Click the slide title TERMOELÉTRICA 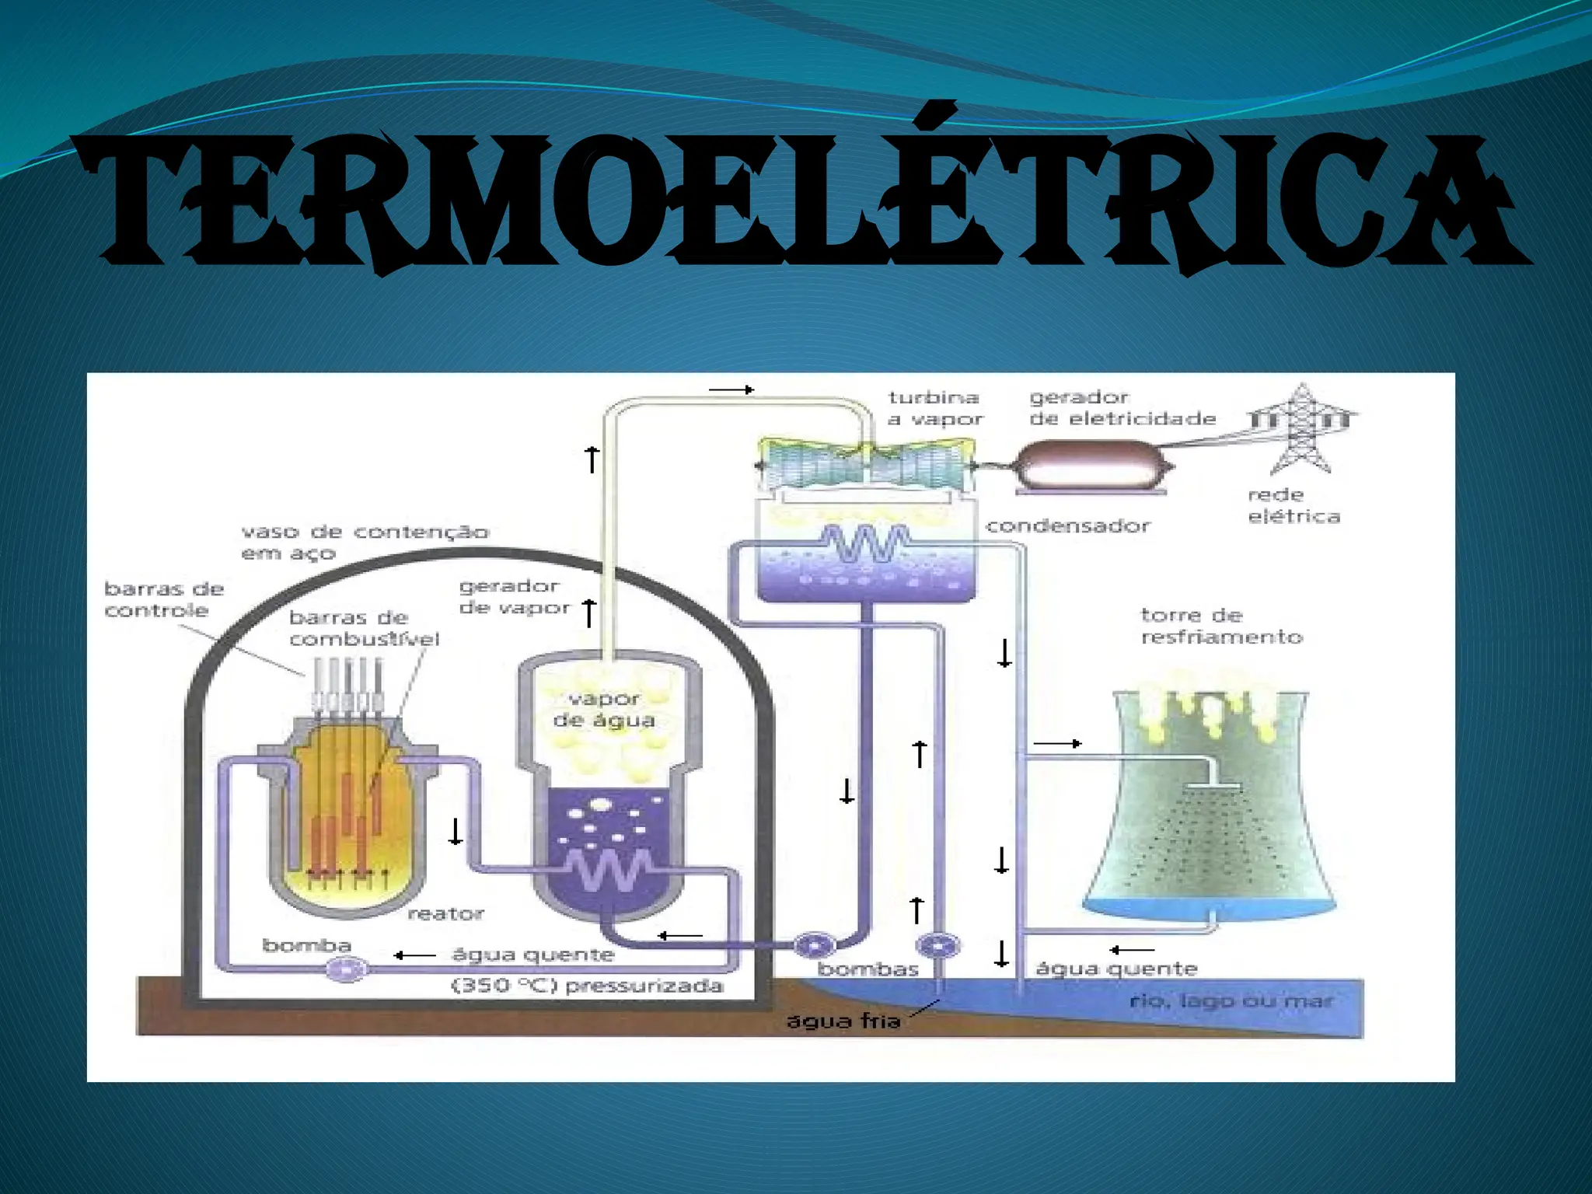pyautogui.click(x=801, y=204)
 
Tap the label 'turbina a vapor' pyautogui.click(x=935, y=409)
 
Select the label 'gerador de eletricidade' pyautogui.click(x=1122, y=409)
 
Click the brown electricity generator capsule pyautogui.click(x=1094, y=466)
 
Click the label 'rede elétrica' pyautogui.click(x=1293, y=506)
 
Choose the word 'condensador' pyautogui.click(x=1067, y=526)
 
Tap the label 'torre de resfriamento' pyautogui.click(x=1221, y=627)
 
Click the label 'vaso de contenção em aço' pyautogui.click(x=365, y=543)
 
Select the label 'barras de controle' pyautogui.click(x=163, y=600)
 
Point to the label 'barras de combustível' pyautogui.click(x=364, y=629)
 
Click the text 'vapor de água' pyautogui.click(x=604, y=710)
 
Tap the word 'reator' pyautogui.click(x=445, y=914)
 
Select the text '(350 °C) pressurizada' pyautogui.click(x=587, y=986)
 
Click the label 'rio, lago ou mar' pyautogui.click(x=1231, y=1001)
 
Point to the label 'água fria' pyautogui.click(x=843, y=1021)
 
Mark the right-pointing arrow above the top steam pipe pyautogui.click(x=731, y=389)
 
